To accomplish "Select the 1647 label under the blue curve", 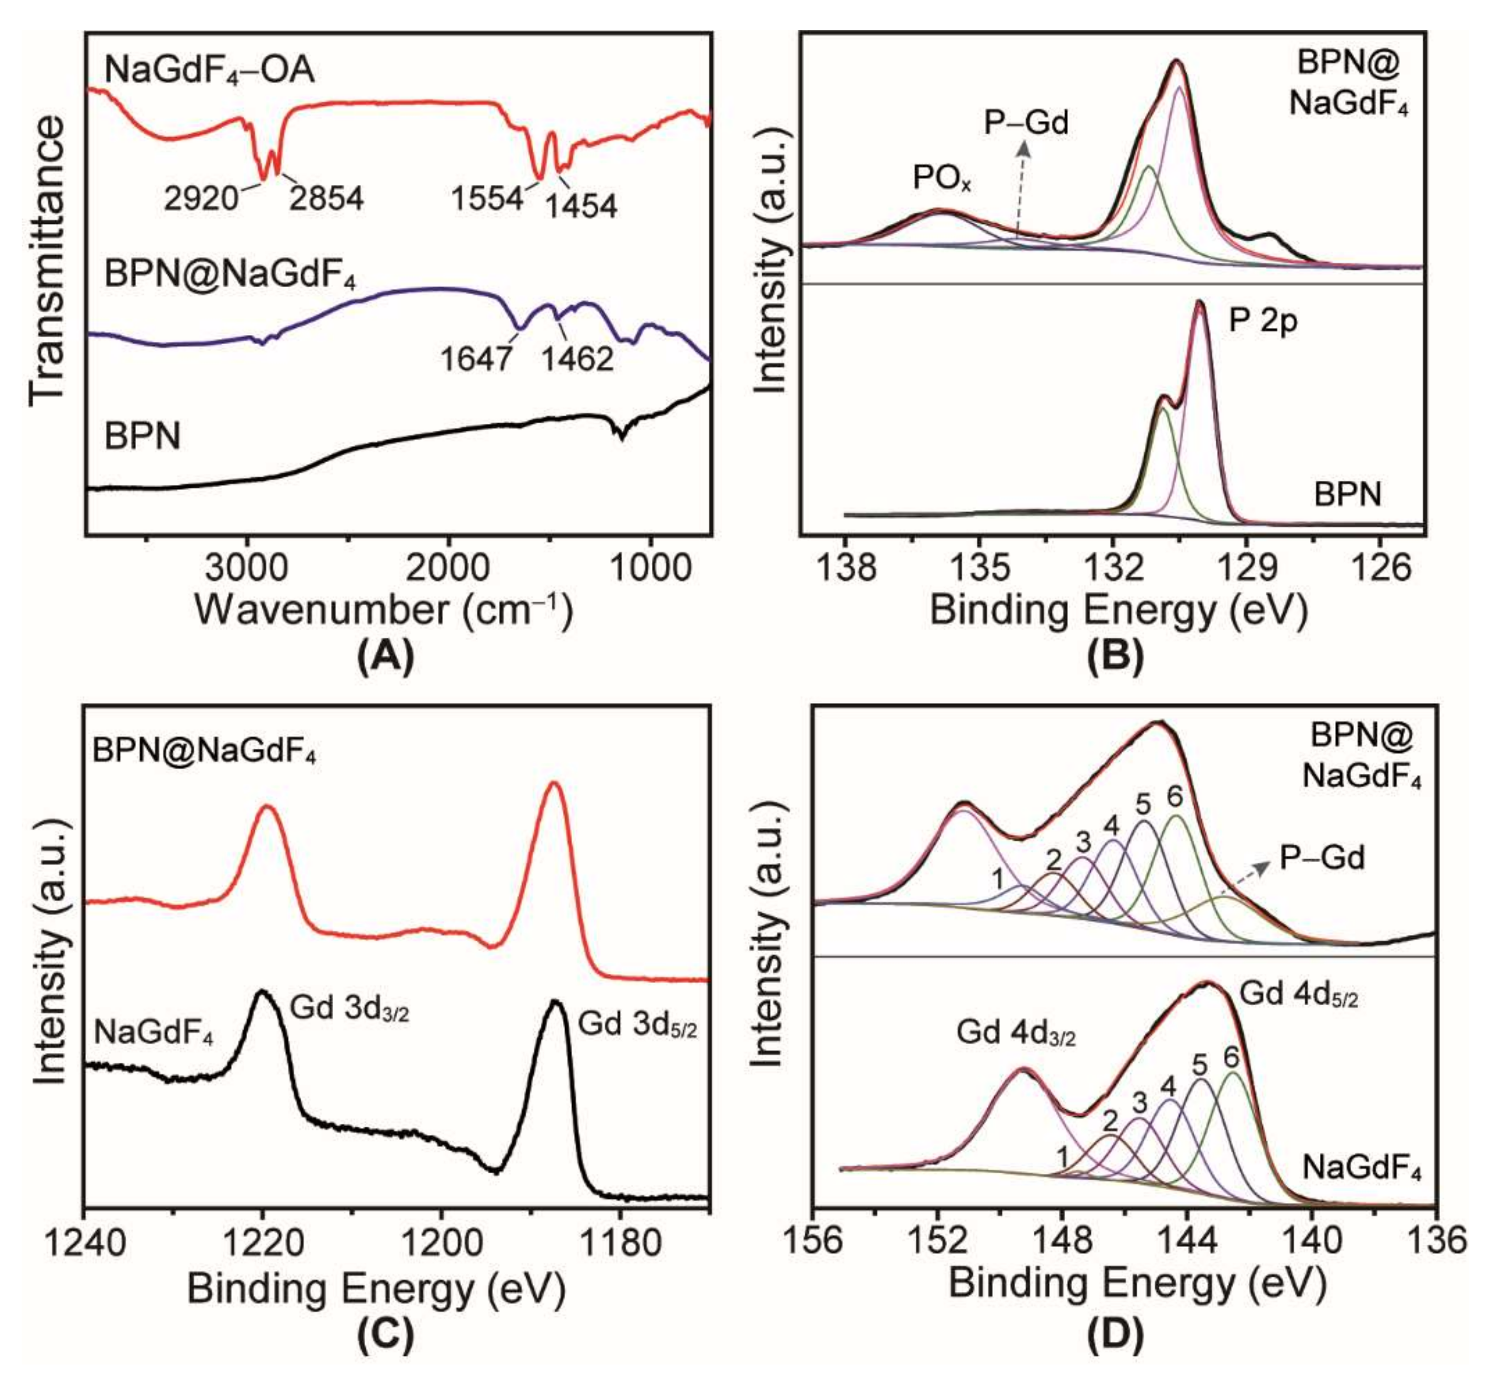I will pos(476,359).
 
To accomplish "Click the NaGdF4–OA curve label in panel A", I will pos(209,71).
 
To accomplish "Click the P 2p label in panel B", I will pos(1263,320).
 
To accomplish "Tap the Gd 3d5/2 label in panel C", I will pos(638,1025).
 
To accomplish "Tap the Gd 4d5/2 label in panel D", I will pos(1298,993).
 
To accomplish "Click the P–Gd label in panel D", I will pos(1321,858).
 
